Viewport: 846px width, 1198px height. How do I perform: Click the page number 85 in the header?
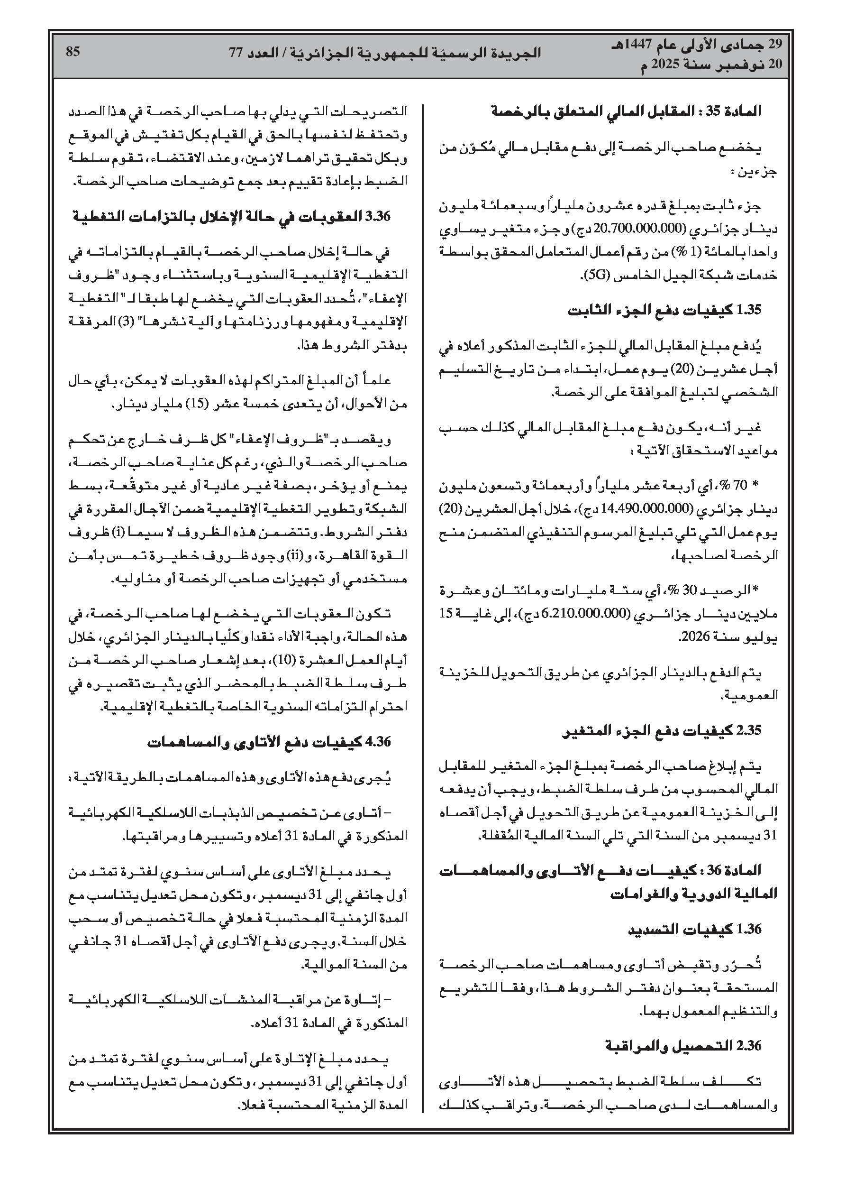tap(73, 52)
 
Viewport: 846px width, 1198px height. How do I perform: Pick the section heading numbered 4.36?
tap(378, 741)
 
